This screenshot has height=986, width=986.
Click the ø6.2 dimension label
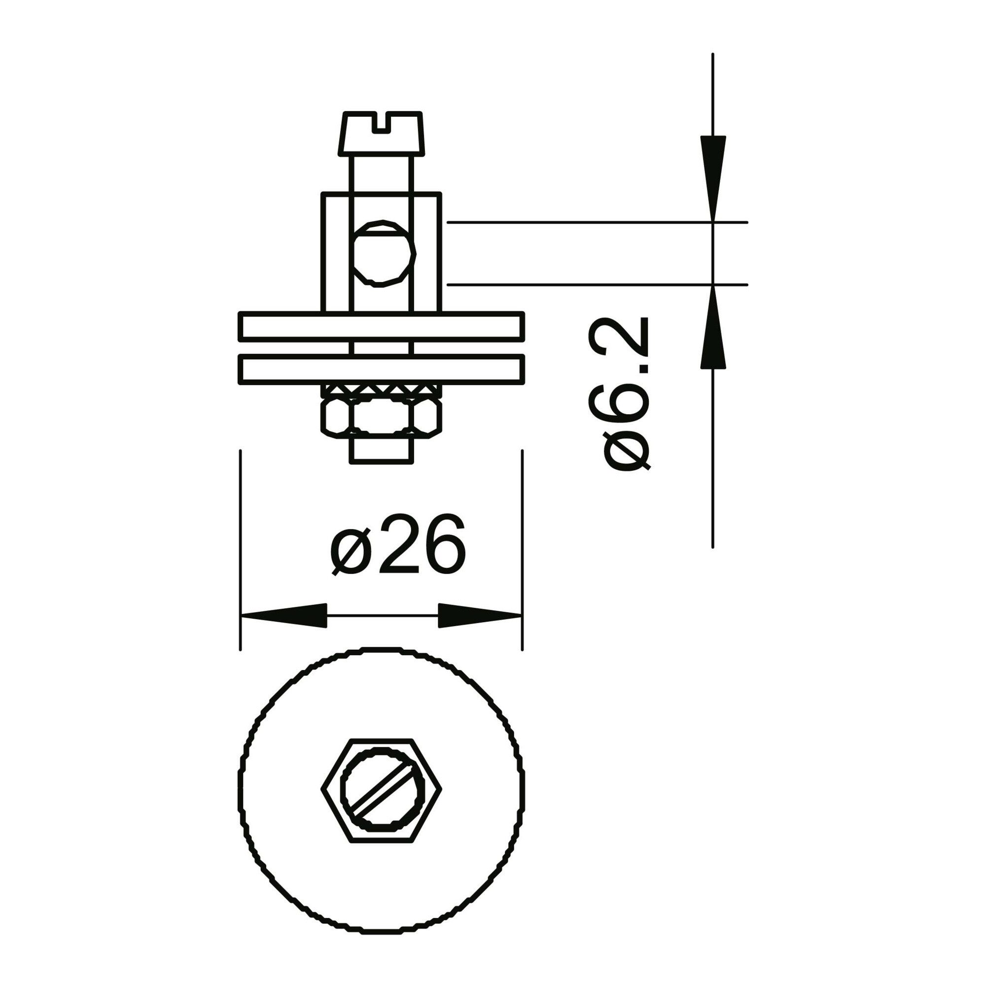pos(626,394)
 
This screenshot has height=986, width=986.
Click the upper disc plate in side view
pos(381,325)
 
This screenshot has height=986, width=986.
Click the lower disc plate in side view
pos(381,369)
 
